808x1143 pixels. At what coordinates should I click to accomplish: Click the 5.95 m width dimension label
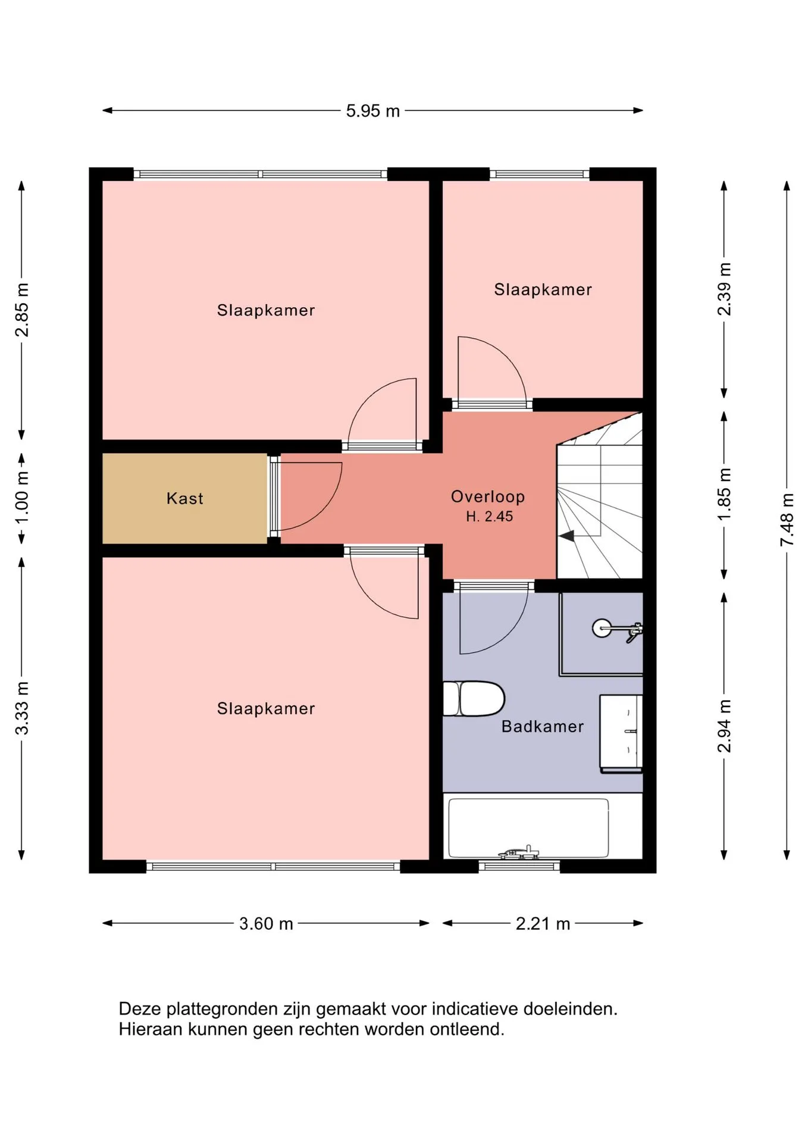(x=373, y=111)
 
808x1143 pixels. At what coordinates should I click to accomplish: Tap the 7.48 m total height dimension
(x=787, y=519)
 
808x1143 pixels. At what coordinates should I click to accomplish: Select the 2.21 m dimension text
(x=543, y=923)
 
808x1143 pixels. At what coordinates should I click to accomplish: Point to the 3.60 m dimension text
(x=266, y=923)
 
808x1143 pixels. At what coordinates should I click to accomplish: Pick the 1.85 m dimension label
(x=724, y=494)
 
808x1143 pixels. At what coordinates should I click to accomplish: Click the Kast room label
(x=184, y=498)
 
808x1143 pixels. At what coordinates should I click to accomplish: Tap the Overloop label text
(x=488, y=496)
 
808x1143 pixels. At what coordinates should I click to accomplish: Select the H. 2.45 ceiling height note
(x=489, y=517)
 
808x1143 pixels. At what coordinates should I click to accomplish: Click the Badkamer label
(x=543, y=726)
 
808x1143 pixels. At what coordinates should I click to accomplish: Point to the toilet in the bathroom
(x=474, y=698)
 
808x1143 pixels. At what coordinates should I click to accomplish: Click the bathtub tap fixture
(x=519, y=852)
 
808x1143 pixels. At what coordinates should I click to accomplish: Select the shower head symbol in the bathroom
(x=616, y=629)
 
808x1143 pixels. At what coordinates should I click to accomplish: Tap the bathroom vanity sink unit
(x=621, y=733)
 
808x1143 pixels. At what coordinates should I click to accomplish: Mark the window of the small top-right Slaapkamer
(x=540, y=174)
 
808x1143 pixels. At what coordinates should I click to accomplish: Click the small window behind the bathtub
(x=519, y=866)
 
